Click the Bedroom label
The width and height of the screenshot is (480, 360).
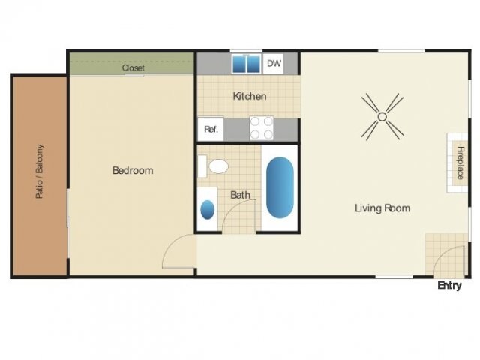[133, 170]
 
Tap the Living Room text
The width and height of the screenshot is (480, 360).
[382, 208]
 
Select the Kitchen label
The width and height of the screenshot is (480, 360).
[250, 96]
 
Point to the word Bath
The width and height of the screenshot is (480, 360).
[240, 195]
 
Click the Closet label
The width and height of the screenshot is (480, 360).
[133, 67]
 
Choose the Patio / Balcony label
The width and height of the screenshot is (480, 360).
[39, 172]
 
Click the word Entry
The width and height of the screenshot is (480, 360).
[449, 286]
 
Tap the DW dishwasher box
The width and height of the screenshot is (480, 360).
[274, 64]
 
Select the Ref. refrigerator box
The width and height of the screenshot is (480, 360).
[211, 130]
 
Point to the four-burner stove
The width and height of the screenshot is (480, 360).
[261, 128]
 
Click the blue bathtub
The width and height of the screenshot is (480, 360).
[280, 187]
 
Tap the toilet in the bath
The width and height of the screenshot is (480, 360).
[217, 166]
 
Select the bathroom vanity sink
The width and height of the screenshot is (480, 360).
[208, 209]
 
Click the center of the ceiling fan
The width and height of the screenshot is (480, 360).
[382, 116]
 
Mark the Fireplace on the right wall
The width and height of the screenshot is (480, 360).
[457, 163]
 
